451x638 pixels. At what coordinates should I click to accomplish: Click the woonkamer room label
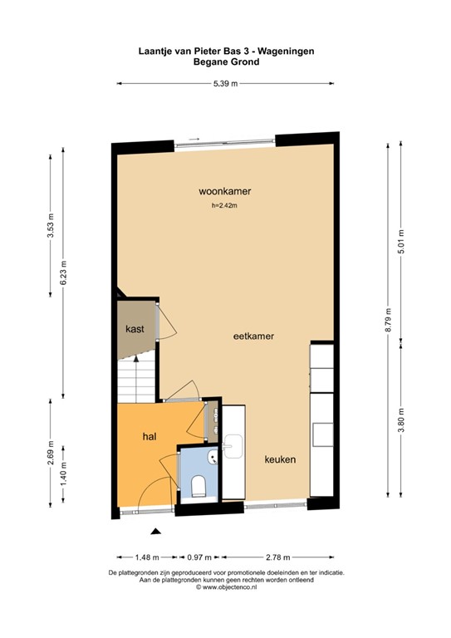(224, 191)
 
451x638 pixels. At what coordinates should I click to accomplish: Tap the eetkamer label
(253, 336)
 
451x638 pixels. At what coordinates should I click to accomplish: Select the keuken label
(281, 459)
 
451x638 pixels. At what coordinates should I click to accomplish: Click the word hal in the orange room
(150, 435)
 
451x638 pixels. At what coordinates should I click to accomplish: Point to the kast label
(135, 329)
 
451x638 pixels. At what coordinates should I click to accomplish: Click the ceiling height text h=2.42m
(224, 207)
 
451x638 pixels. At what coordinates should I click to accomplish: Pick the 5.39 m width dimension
(225, 83)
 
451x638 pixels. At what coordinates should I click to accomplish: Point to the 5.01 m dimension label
(401, 241)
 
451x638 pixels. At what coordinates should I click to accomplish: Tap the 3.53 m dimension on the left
(51, 226)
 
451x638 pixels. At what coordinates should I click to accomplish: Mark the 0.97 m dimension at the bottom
(199, 557)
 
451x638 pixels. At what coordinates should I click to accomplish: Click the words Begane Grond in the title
(225, 61)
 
